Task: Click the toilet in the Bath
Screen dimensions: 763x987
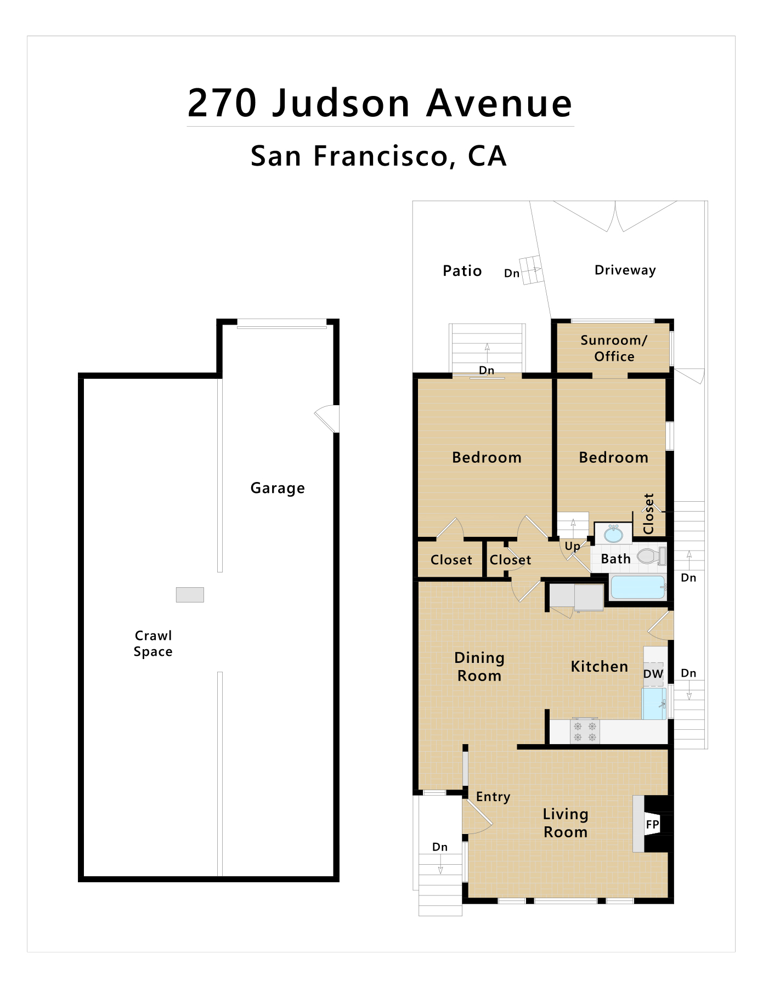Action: (x=652, y=556)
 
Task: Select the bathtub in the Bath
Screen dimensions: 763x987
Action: (x=638, y=587)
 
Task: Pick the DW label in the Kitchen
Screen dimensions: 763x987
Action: (x=653, y=674)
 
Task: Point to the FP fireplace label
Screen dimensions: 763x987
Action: (x=652, y=824)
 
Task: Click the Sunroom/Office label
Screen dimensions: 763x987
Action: (x=614, y=348)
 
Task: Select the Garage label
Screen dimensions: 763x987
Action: (x=278, y=488)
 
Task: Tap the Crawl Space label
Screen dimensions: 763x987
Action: (x=153, y=643)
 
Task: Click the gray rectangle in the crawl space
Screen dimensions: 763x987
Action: (x=190, y=595)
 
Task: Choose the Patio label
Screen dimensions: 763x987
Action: (x=462, y=271)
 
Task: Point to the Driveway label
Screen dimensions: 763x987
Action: (x=625, y=270)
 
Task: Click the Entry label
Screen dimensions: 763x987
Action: (x=493, y=797)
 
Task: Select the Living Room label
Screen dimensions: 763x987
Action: (x=566, y=823)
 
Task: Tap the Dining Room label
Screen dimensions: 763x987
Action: (x=479, y=667)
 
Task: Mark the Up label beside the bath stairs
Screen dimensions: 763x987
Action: (x=573, y=547)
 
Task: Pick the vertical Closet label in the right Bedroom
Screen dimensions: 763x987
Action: (x=649, y=514)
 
